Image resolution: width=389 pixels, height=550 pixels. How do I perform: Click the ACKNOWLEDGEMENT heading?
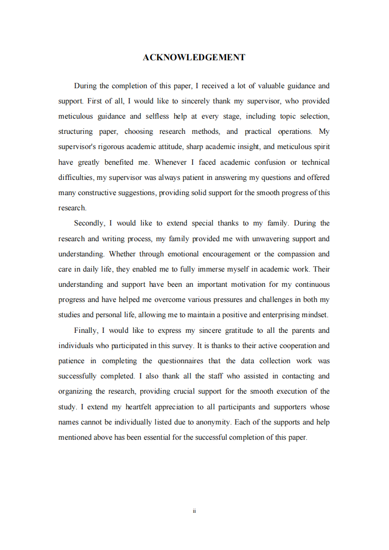(x=194, y=57)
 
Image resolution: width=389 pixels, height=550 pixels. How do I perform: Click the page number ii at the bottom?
(x=194, y=511)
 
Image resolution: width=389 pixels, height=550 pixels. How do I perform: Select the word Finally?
(x=86, y=330)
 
